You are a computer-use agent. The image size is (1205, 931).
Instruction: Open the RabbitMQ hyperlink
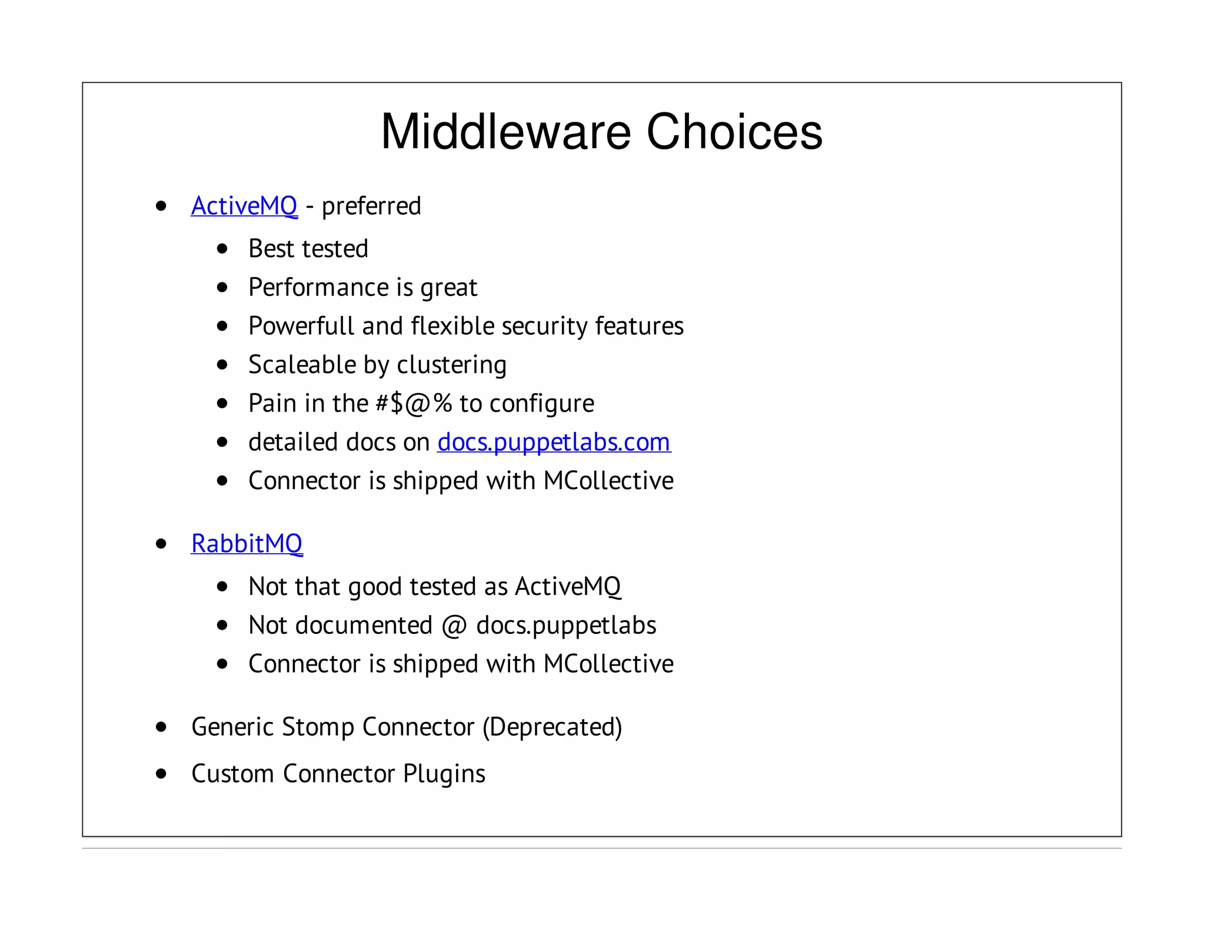(247, 544)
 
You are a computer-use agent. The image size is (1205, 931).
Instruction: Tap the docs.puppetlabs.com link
(554, 443)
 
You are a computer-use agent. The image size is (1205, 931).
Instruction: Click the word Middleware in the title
(506, 132)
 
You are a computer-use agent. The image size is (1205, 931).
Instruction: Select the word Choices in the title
(734, 132)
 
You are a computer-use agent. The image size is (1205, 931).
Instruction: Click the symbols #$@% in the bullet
(414, 404)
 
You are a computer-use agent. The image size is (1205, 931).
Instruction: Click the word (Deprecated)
(552, 727)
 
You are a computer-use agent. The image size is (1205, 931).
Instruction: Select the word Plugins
(444, 774)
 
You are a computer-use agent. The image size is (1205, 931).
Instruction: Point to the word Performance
(318, 288)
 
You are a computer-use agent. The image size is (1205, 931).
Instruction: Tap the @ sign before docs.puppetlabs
(454, 626)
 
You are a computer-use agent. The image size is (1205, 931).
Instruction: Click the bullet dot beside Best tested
(222, 249)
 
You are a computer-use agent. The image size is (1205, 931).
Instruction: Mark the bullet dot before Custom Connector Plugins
(161, 774)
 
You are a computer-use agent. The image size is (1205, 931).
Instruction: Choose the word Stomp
(318, 727)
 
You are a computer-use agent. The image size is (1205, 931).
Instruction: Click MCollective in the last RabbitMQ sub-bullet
(608, 664)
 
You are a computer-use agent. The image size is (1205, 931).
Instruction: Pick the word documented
(364, 626)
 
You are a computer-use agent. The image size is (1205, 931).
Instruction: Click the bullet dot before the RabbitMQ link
(161, 544)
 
